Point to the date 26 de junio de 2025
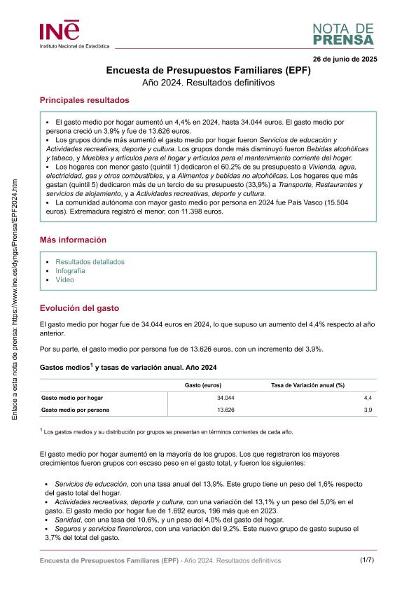[345, 59]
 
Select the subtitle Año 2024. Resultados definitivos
[207, 83]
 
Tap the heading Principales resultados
[84, 100]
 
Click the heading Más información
[73, 240]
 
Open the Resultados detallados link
[90, 261]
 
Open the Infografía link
[70, 270]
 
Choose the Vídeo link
[64, 279]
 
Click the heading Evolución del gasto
[79, 307]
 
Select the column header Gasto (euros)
[203, 385]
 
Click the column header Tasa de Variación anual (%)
[307, 385]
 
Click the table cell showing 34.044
[226, 397]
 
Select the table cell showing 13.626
[226, 409]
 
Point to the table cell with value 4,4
[368, 397]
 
